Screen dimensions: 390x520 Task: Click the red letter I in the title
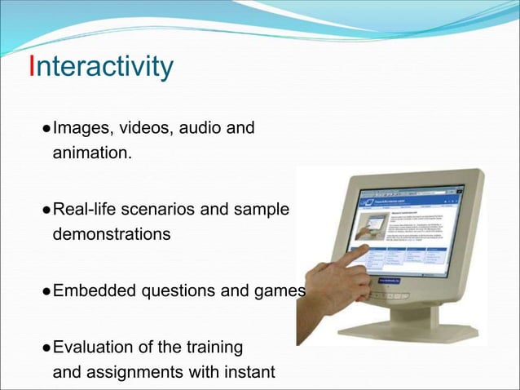[32, 66]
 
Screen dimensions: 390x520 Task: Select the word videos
[145, 128]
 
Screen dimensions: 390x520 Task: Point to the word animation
[90, 153]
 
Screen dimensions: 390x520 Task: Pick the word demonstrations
[112, 234]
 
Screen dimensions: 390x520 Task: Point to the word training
[214, 348]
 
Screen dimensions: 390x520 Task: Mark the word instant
[248, 373]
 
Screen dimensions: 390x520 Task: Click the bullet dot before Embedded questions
[46, 292]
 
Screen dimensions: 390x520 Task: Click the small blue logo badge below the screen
[381, 286]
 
